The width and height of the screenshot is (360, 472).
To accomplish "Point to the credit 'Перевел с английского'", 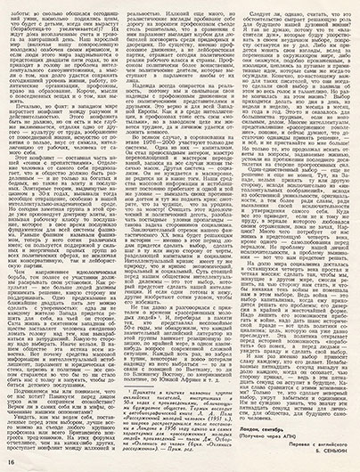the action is (310, 450).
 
